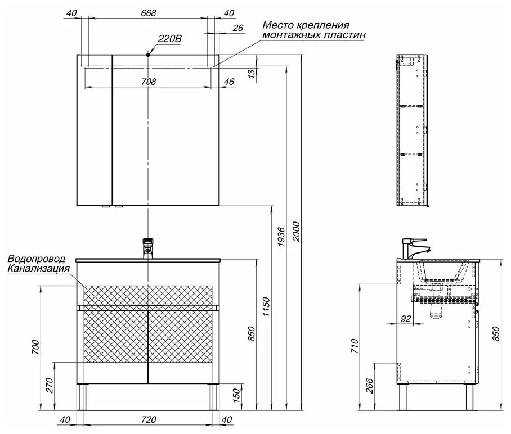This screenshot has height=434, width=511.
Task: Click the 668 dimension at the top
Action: click(x=148, y=13)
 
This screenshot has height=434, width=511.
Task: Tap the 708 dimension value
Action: click(x=148, y=82)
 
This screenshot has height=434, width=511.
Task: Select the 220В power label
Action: click(x=169, y=39)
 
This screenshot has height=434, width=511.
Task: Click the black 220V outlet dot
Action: click(x=148, y=55)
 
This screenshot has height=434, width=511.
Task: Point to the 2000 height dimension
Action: click(x=296, y=232)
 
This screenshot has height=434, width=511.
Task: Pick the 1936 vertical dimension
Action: click(x=281, y=237)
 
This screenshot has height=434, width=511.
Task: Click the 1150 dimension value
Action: click(x=266, y=306)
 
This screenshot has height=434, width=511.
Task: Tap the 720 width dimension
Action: click(x=149, y=420)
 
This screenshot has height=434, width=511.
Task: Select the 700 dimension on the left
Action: click(x=35, y=347)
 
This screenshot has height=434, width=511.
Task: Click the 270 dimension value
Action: click(x=50, y=385)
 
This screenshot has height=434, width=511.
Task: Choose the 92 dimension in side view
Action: click(x=406, y=318)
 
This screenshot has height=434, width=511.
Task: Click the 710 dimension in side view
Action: click(x=355, y=346)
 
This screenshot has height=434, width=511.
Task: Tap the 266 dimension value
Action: click(x=369, y=386)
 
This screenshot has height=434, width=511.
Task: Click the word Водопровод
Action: click(x=36, y=259)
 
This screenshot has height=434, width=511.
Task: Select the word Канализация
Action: click(x=38, y=268)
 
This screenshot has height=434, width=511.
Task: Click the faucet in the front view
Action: click(x=147, y=248)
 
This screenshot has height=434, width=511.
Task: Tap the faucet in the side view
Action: click(x=416, y=248)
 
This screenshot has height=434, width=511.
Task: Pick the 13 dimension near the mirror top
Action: click(x=252, y=74)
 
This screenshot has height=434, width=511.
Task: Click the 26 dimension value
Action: click(x=238, y=28)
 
